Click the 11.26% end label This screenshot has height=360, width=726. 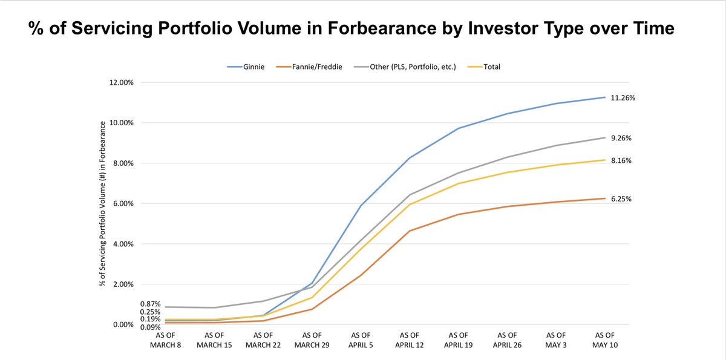click(622, 97)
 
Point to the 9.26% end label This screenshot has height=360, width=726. click(621, 138)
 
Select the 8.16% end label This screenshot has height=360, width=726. click(621, 160)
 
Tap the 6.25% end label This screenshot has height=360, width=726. click(621, 198)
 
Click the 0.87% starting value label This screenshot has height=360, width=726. click(150, 304)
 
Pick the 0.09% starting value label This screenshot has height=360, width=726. click(150, 327)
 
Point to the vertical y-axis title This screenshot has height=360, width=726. click(104, 203)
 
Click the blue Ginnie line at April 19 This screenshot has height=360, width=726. click(459, 128)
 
